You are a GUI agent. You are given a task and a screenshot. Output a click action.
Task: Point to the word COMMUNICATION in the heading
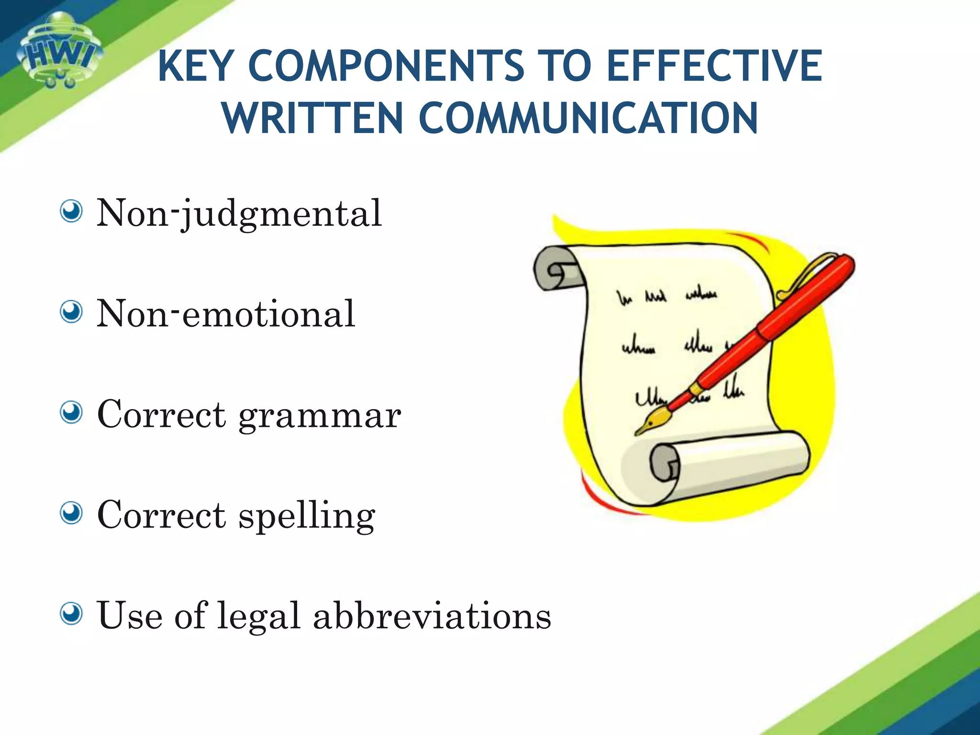(x=588, y=118)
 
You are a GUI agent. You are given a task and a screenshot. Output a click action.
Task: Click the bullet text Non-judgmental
(x=239, y=213)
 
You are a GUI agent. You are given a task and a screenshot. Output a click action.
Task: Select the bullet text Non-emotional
(x=225, y=313)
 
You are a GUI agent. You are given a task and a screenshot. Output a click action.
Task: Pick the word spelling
(x=307, y=516)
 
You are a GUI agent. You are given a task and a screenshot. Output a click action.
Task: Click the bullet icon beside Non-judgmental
(x=72, y=212)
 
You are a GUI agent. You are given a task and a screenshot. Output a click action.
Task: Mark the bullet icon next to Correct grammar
(x=72, y=412)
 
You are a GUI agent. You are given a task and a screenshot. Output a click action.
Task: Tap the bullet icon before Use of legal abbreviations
(x=72, y=613)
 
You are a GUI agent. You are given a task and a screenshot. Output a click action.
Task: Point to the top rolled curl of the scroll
(x=557, y=269)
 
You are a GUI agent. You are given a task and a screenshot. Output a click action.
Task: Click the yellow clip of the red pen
(x=804, y=273)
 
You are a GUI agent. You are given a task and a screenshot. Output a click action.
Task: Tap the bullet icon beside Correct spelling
(x=72, y=513)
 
